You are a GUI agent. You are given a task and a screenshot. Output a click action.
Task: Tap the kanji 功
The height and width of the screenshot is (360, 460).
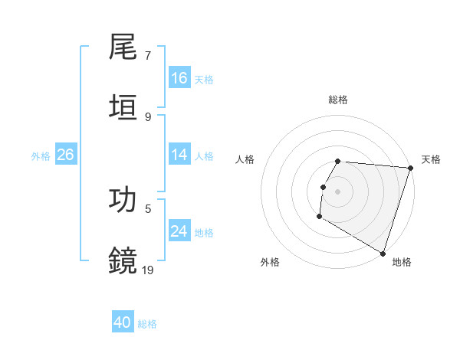(x=123, y=199)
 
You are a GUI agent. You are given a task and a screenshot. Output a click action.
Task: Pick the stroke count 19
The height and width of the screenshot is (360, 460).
(x=148, y=269)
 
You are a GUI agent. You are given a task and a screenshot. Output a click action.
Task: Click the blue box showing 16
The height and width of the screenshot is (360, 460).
(x=179, y=78)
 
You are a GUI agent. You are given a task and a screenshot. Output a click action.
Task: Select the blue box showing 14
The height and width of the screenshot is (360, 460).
(x=179, y=155)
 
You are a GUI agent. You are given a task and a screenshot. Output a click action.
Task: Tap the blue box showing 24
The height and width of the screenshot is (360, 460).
(x=179, y=231)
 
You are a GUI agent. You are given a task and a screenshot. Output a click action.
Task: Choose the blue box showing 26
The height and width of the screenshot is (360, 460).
(x=65, y=155)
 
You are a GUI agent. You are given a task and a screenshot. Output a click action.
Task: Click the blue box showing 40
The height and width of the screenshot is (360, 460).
(x=123, y=322)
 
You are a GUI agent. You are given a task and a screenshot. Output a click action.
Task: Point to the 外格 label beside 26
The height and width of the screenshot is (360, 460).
(x=41, y=156)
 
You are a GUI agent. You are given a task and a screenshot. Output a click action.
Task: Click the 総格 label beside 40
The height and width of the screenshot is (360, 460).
(x=147, y=324)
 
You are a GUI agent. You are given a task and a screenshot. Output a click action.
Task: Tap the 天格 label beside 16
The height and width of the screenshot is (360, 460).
(x=203, y=80)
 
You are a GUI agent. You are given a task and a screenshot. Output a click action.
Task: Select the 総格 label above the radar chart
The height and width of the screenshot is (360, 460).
(x=338, y=100)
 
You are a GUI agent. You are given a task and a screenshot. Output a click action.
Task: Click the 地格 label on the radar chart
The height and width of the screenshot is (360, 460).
(x=402, y=262)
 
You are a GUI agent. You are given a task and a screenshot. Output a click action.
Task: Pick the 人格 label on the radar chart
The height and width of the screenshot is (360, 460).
(x=245, y=159)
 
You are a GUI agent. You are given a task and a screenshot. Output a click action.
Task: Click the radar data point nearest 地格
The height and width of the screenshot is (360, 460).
(x=383, y=253)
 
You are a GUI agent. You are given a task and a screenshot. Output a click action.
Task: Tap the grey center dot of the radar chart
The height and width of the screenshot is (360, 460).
(x=338, y=191)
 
